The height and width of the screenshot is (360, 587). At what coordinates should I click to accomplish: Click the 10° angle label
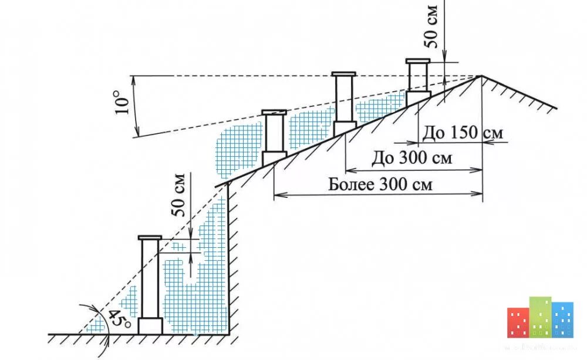coord(122,101)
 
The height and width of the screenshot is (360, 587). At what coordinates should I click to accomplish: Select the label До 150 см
coord(463,133)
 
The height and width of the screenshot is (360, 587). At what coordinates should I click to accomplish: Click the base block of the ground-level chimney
coord(150,326)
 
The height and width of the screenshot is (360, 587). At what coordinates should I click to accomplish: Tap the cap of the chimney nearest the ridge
coord(417,60)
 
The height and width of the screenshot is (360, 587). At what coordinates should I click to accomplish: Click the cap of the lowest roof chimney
coord(274,111)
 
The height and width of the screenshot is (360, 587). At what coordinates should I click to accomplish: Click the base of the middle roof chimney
coord(345,129)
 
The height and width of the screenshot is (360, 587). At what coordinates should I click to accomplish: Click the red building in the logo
coord(518,322)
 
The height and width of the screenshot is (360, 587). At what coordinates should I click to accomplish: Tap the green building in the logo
coord(541,317)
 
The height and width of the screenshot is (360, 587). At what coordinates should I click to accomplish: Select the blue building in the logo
coord(563,320)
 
